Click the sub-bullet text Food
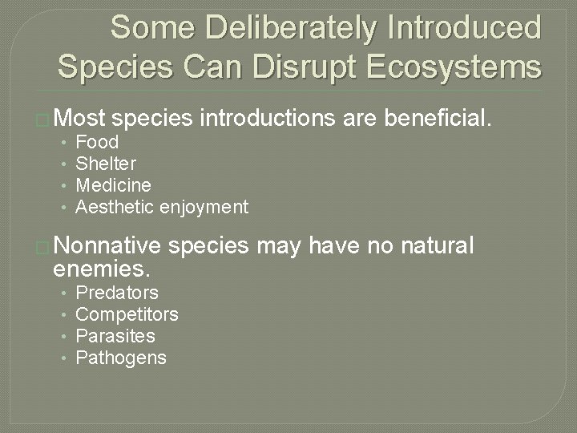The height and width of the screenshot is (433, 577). coord(97,143)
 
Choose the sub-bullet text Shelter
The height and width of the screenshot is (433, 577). coord(106,164)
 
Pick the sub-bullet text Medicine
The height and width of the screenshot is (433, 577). coord(113,186)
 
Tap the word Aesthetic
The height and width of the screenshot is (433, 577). coord(115,208)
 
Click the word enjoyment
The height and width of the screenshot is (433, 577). coord(204,208)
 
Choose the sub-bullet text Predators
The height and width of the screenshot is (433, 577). coord(116,293)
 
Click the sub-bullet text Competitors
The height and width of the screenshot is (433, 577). coord(127,314)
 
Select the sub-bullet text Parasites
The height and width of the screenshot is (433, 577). coord(115,336)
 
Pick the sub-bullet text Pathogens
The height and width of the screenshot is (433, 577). coord(120,358)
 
